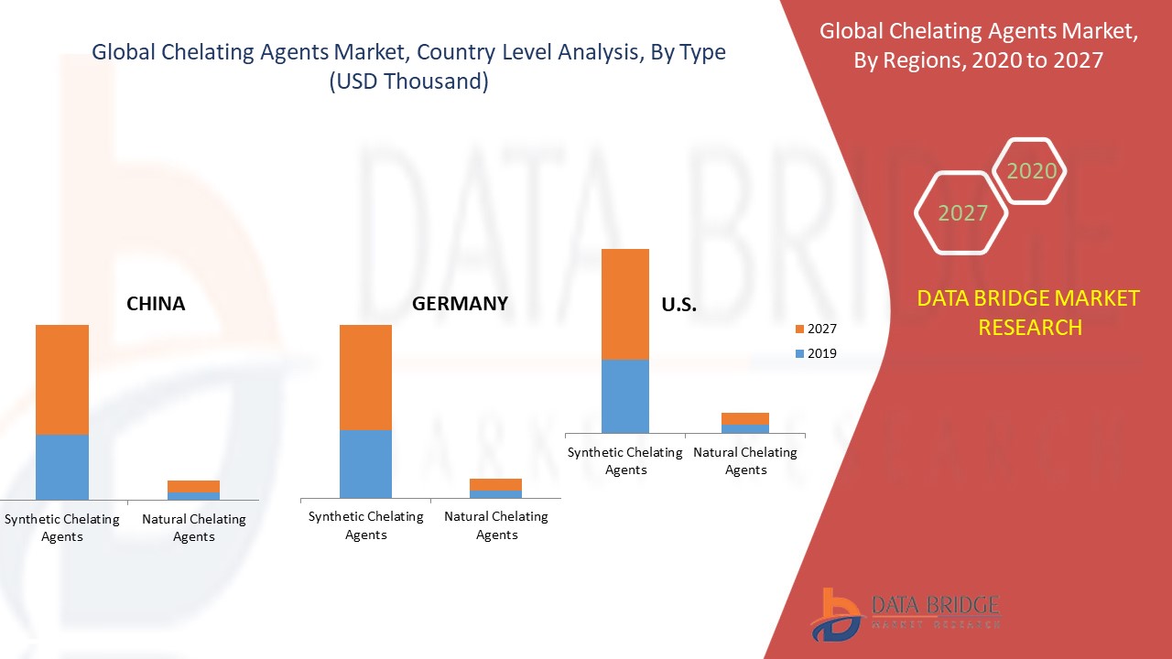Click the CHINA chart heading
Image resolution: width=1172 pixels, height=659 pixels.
[156, 304]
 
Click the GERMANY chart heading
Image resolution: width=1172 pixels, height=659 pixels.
[460, 304]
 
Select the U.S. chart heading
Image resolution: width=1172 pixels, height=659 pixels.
[678, 306]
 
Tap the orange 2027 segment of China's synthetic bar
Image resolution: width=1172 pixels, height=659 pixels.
[62, 379]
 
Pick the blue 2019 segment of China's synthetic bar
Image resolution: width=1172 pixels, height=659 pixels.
[62, 467]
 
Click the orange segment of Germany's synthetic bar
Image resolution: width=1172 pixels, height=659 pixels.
[365, 377]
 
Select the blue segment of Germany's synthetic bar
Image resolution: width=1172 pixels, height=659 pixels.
[365, 464]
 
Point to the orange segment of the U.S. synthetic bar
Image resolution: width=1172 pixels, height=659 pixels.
[625, 304]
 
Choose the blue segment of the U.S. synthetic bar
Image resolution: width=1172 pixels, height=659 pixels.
[625, 395]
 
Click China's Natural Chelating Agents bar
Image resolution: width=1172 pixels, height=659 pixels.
[193, 490]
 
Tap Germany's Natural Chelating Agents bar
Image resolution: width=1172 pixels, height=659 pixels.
[495, 488]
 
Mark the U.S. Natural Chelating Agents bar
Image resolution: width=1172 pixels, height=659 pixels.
[745, 422]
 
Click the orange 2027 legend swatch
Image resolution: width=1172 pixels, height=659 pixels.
[799, 329]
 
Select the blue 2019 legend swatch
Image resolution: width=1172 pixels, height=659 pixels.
[799, 354]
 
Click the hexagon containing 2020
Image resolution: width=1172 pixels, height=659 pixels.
[1030, 171]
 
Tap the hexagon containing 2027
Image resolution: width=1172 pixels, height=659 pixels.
[961, 213]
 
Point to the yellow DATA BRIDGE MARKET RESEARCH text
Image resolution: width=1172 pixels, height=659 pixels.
[1029, 312]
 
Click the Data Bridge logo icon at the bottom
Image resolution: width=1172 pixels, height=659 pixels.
[835, 613]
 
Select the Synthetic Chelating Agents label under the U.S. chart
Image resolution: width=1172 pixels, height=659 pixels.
[625, 460]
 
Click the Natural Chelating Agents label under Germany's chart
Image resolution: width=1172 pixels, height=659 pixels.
[496, 525]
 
